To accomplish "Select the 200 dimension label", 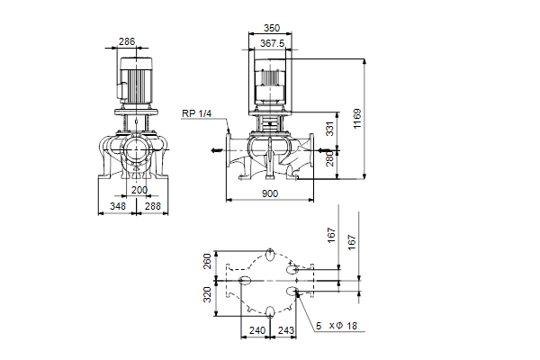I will (x=139, y=190).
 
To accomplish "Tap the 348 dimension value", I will (x=116, y=206).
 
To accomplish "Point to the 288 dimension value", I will (x=152, y=206).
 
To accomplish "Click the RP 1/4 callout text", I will (x=196, y=112).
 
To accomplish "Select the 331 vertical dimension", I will (x=329, y=130).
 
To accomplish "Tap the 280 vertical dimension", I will (x=329, y=159).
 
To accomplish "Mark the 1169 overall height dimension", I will (x=356, y=118).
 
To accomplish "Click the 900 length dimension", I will (x=270, y=193).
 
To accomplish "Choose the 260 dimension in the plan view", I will (x=208, y=261).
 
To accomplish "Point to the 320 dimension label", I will (x=208, y=294).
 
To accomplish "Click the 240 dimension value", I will (x=256, y=331).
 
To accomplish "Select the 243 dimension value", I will (x=286, y=331).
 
